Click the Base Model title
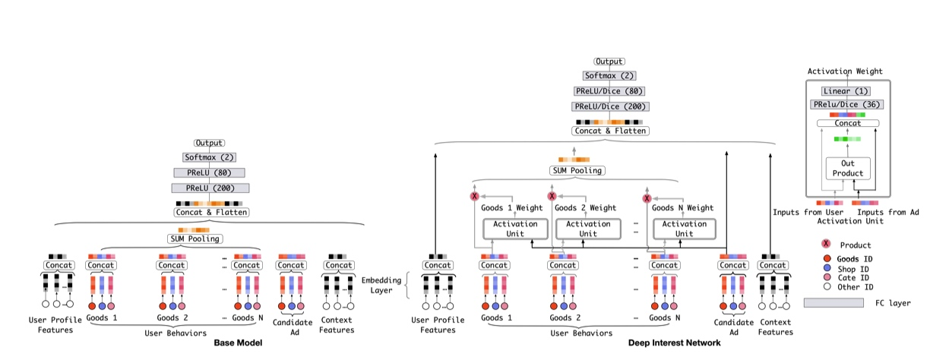239,343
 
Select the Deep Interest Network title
674,343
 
